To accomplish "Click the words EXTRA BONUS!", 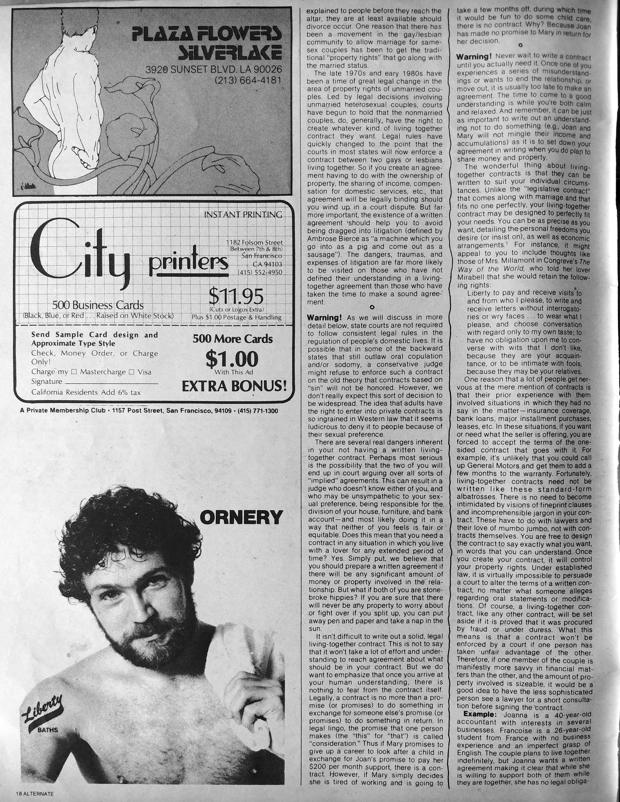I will click(x=234, y=386).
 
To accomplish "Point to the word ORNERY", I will click(x=241, y=517).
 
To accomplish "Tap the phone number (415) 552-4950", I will click(x=260, y=272).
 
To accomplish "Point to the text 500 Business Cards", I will click(x=98, y=305).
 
